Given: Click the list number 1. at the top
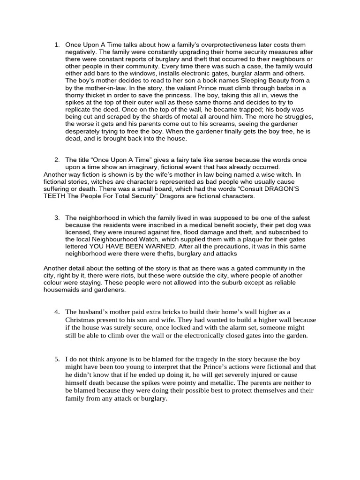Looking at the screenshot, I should pos(57,45).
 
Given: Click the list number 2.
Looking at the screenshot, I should pos(57,160).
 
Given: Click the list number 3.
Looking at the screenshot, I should pos(57,218).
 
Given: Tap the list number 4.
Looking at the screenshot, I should pos(57,312).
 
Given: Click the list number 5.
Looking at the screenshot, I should pos(57,359).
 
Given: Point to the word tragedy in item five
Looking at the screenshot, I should pos(205,359).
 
